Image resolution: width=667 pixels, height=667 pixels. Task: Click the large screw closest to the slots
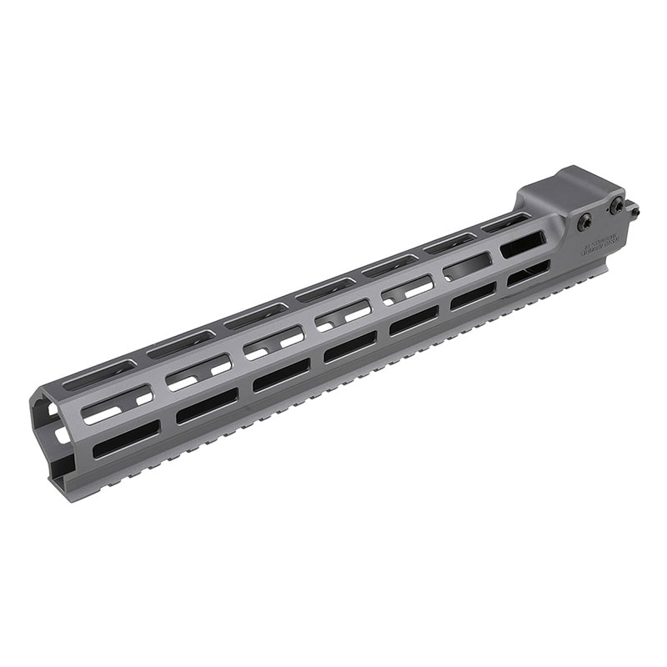585,222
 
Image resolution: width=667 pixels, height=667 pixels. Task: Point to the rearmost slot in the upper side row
523,243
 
